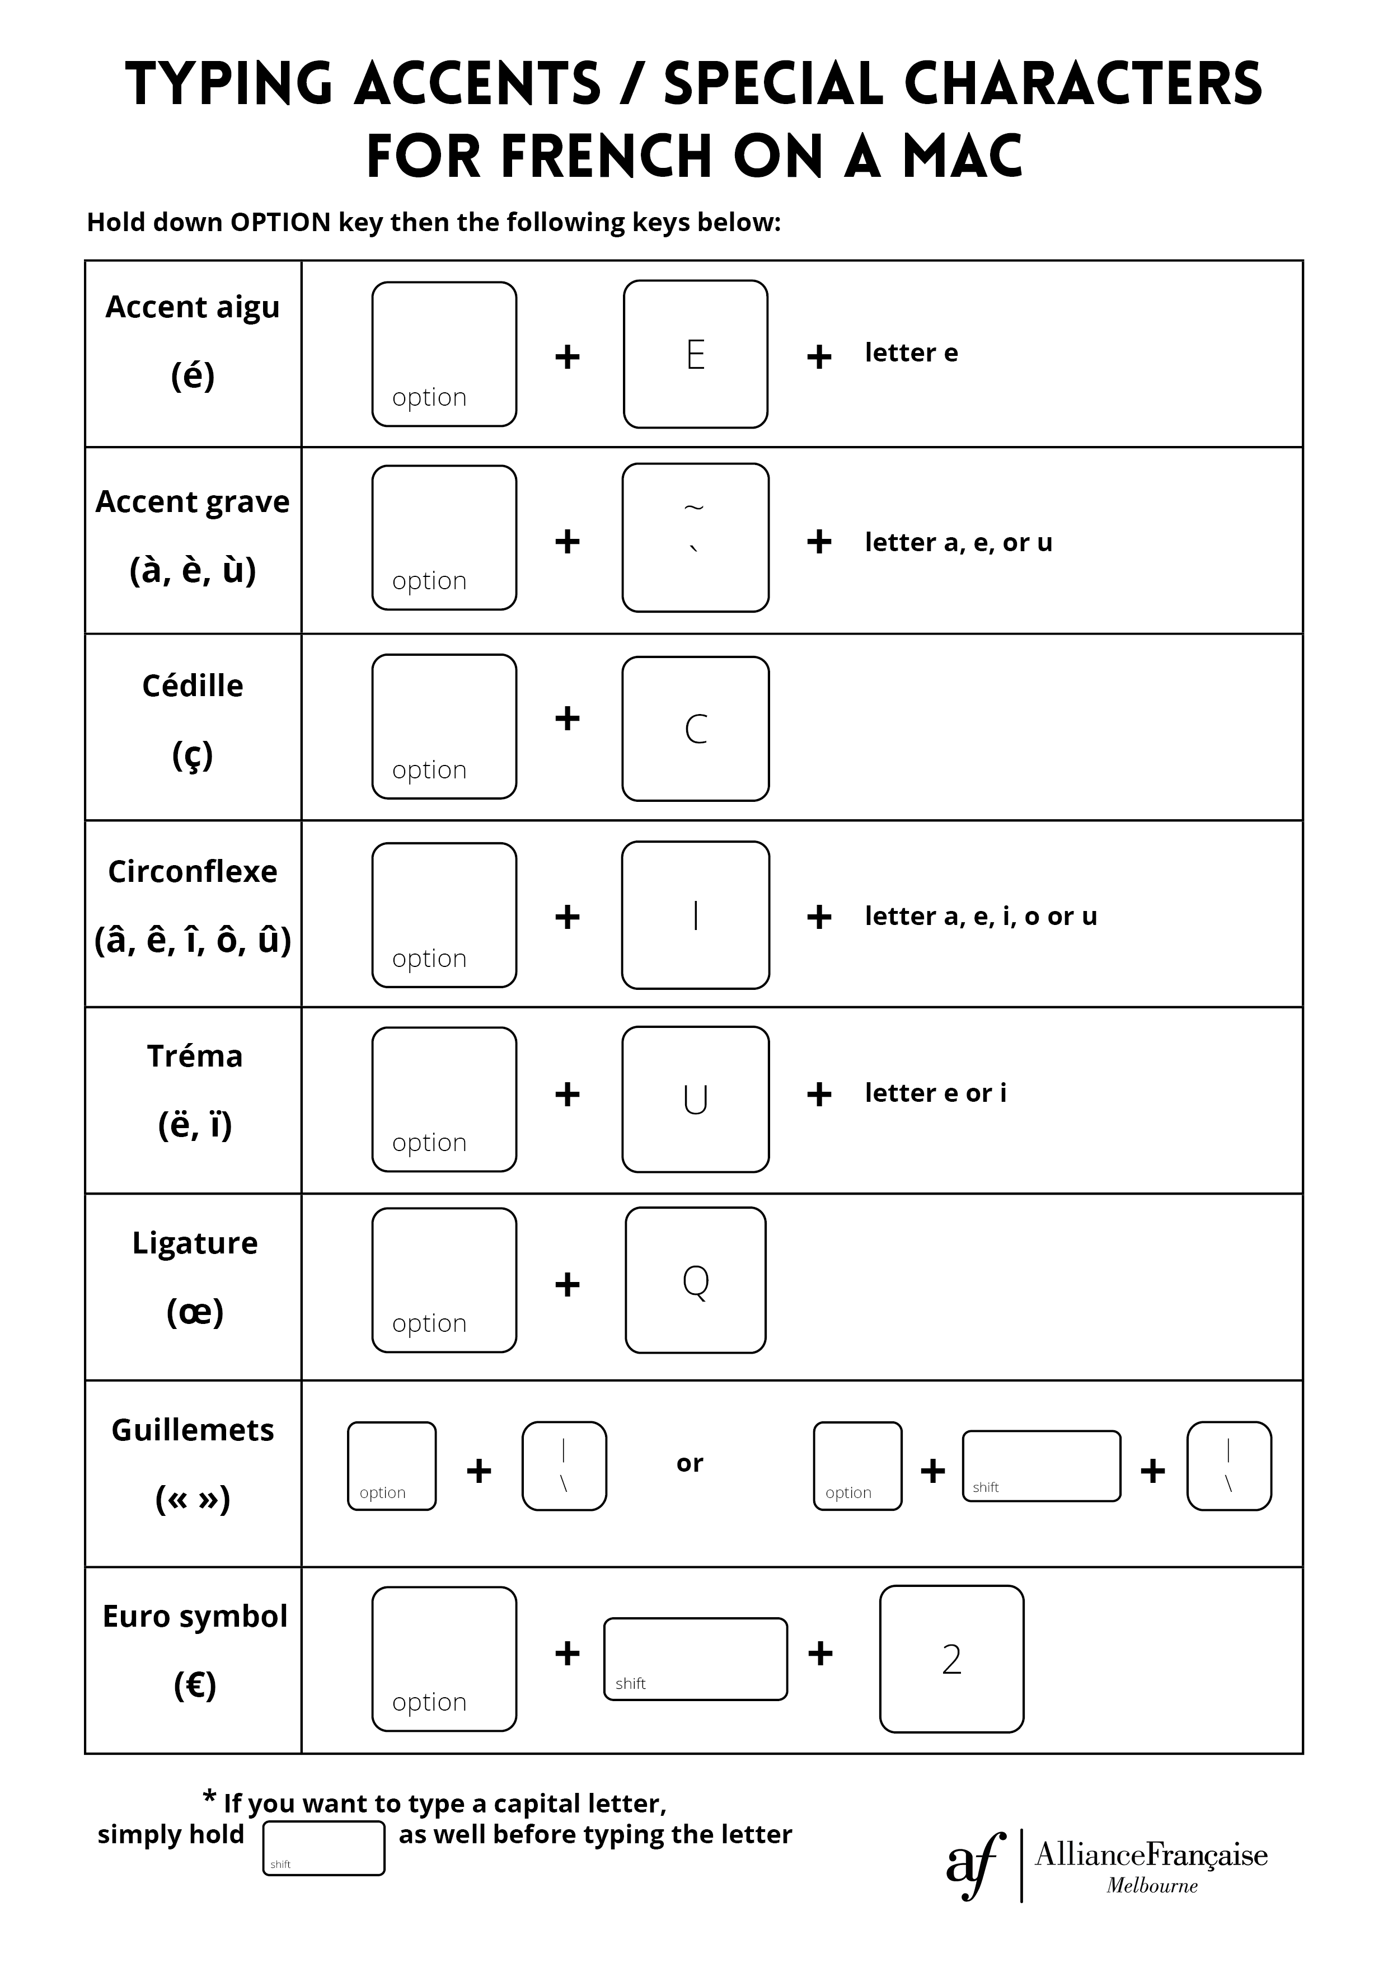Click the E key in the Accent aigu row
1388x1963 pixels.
point(695,354)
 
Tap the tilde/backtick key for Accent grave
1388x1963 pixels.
point(695,537)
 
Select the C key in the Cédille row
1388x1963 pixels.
point(695,729)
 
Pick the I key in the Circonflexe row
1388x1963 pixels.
point(695,915)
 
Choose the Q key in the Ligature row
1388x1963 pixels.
point(695,1280)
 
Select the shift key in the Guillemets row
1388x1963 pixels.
point(1041,1466)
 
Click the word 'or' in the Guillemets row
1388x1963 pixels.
point(690,1463)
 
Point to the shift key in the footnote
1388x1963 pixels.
point(323,1848)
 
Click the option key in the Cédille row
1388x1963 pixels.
point(444,727)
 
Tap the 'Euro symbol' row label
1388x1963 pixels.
point(194,1616)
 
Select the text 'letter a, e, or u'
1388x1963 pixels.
point(958,542)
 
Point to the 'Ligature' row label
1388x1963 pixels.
point(194,1242)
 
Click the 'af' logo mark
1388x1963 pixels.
point(976,1864)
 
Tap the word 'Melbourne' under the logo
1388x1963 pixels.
point(1151,1885)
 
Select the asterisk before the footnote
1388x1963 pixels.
point(209,1796)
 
